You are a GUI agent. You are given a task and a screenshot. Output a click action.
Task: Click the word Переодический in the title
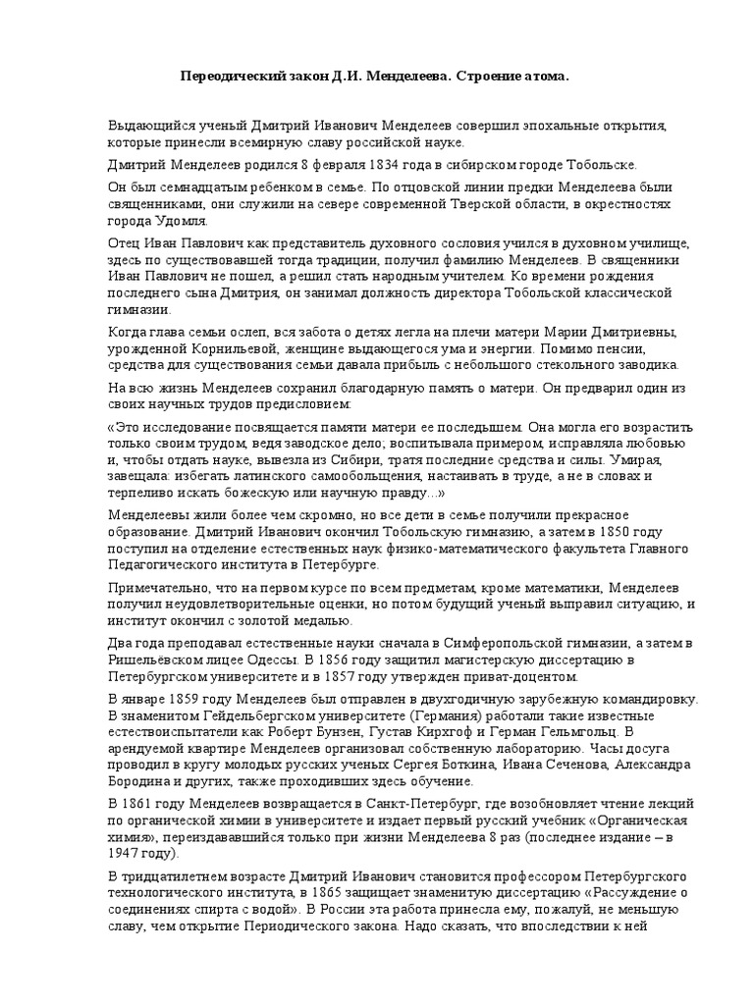(230, 76)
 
